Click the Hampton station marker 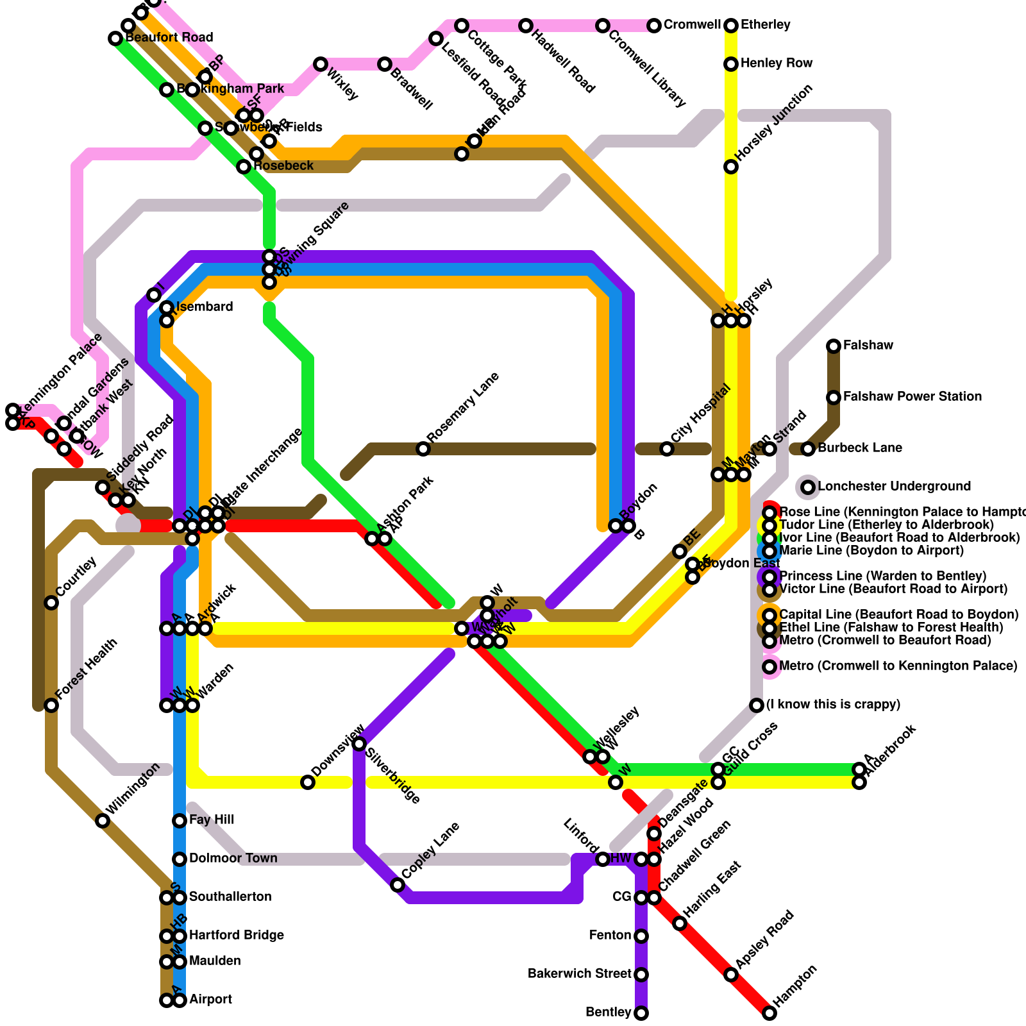[x=769, y=1013]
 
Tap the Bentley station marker [x=641, y=1013]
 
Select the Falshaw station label [x=868, y=346]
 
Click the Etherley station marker [x=731, y=26]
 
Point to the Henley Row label [x=777, y=63]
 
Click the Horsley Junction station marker [x=731, y=167]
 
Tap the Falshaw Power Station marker [x=834, y=398]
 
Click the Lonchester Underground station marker [x=808, y=487]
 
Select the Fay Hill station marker [x=180, y=821]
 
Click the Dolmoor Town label [x=233, y=859]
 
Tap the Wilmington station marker [x=103, y=821]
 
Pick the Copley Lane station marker [x=398, y=885]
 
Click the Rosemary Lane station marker [x=423, y=449]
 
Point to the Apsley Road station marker [x=731, y=975]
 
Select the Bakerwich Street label [x=580, y=974]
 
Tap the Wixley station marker [x=321, y=64]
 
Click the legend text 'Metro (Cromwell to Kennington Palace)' [x=898, y=666]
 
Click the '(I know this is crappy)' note [x=834, y=705]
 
